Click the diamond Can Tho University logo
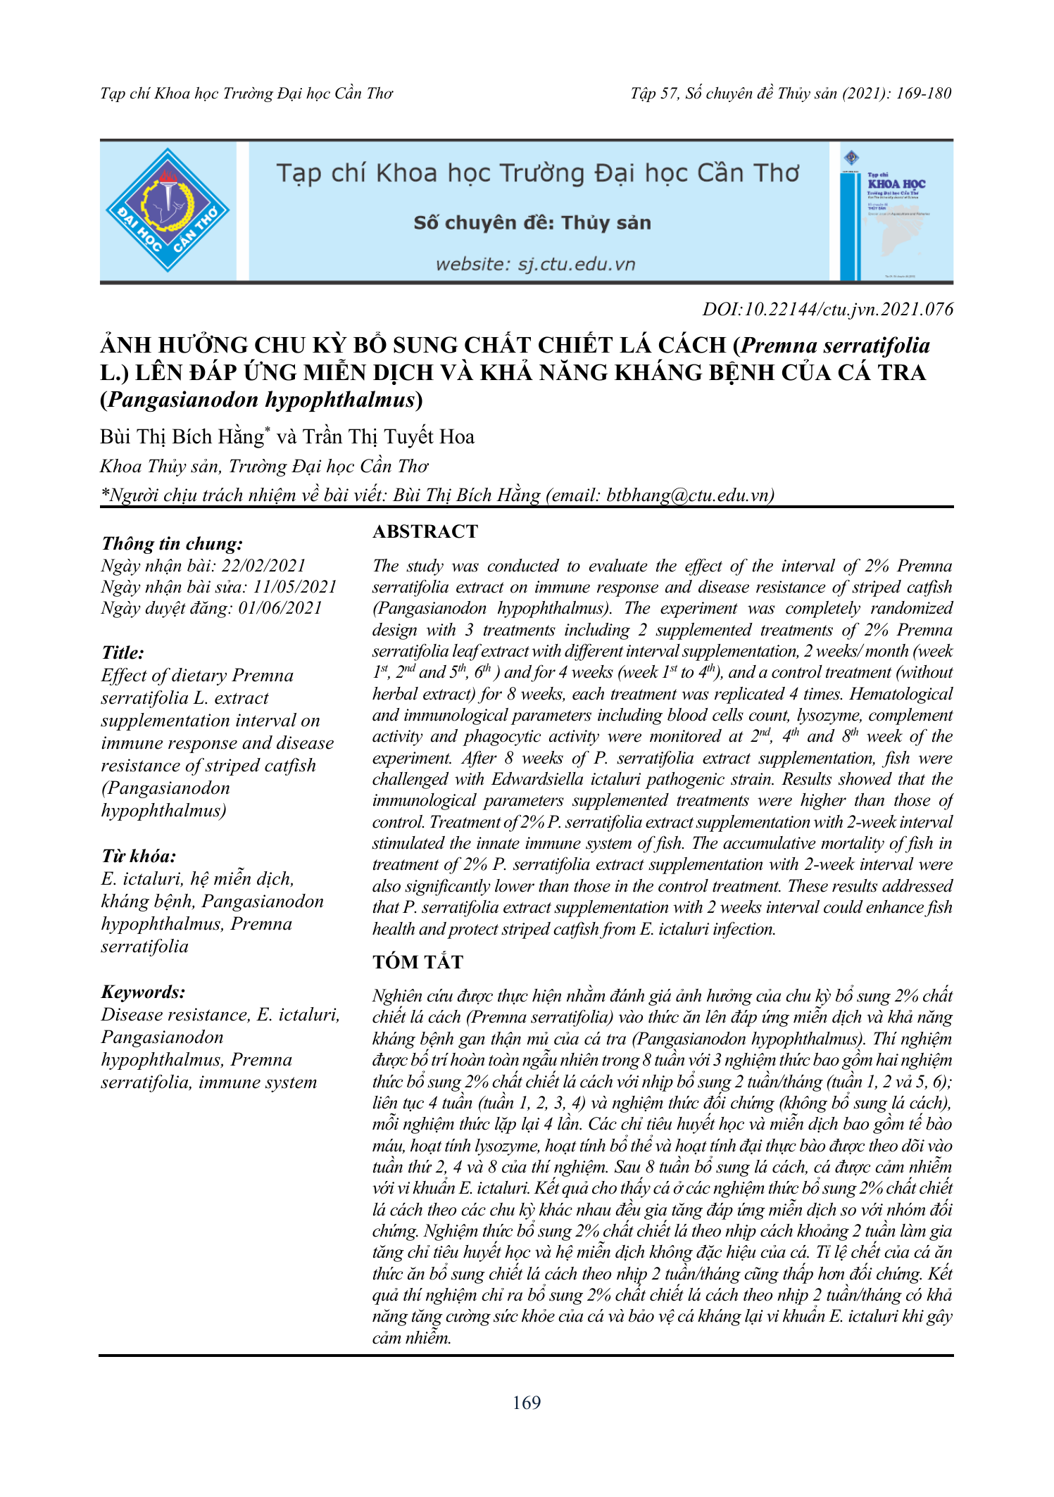[168, 210]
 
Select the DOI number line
[828, 309]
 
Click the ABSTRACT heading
[425, 531]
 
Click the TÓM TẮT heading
[418, 961]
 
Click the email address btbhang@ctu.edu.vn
[688, 495]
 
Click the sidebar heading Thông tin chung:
[172, 543]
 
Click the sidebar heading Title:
[123, 652]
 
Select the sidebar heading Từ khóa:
[139, 856]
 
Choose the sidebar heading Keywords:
[144, 992]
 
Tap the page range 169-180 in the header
[924, 93]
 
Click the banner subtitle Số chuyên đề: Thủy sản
[532, 223]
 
